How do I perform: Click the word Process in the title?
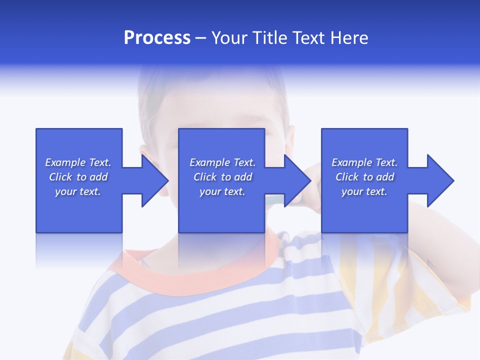[157, 38]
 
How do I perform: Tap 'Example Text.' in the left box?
[78, 162]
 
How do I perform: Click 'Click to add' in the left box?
[78, 177]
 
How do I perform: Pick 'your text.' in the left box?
[78, 191]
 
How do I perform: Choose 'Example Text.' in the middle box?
[222, 162]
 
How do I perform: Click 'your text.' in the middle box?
[222, 191]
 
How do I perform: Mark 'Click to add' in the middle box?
[222, 177]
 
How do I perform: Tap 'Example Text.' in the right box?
[364, 162]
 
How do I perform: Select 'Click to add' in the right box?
[364, 177]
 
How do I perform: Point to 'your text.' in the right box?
[364, 191]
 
